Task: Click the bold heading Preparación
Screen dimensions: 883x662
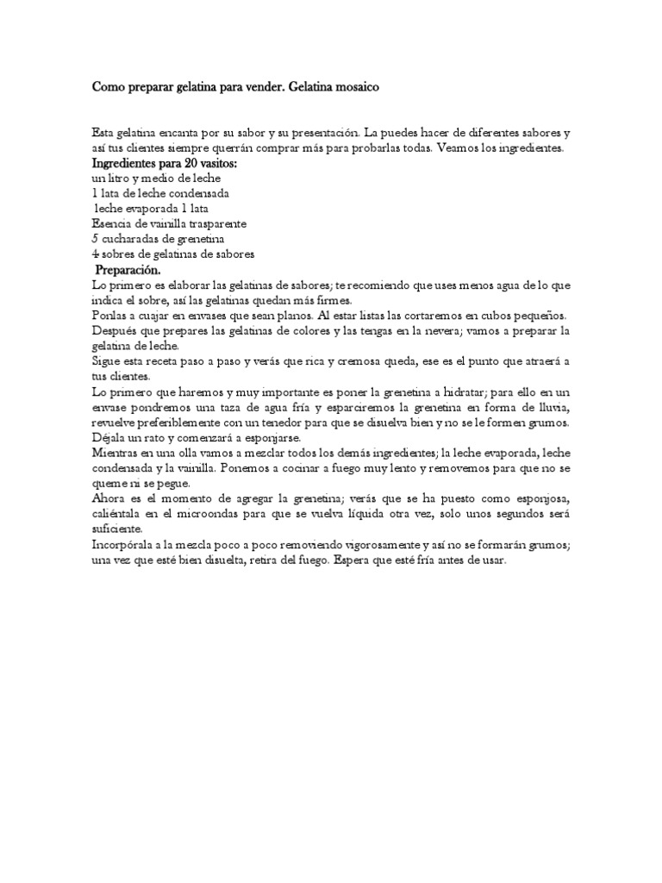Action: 128,270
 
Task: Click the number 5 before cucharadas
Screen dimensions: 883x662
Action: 95,239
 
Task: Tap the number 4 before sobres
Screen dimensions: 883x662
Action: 95,254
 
